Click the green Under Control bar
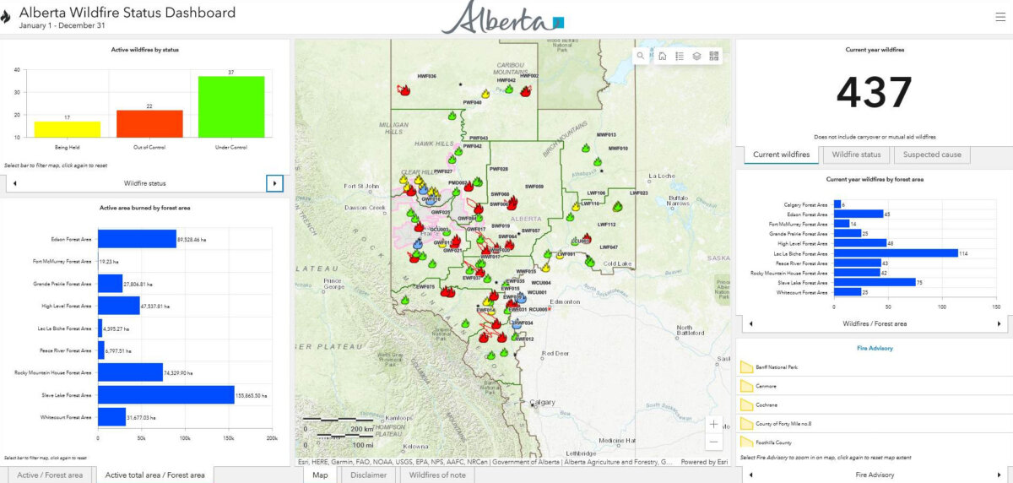click(231, 106)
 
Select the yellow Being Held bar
click(67, 128)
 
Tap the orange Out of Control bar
click(149, 123)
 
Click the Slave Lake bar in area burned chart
click(165, 394)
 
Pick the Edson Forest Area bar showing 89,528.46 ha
click(137, 239)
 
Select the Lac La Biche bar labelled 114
click(896, 252)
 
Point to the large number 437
click(875, 92)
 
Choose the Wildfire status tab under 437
click(856, 155)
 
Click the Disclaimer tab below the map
click(367, 475)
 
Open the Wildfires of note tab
click(436, 475)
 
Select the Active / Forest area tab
click(50, 475)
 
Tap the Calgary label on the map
click(544, 402)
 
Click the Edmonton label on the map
click(565, 301)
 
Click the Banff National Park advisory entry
click(776, 367)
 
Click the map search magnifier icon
click(642, 56)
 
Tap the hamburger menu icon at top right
click(1000, 16)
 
